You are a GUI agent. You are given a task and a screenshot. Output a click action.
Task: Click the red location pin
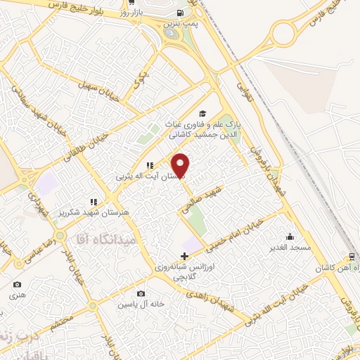181,165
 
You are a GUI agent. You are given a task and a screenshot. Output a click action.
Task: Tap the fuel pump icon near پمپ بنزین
181,13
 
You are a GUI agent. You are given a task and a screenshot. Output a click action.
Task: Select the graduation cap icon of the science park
202,113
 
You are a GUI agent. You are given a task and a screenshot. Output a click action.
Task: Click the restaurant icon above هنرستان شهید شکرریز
93,202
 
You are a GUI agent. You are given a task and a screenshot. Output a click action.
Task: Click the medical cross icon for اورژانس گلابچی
184,255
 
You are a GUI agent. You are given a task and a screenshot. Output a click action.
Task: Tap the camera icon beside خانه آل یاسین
141,293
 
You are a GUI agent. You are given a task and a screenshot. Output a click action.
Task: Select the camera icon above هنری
17,285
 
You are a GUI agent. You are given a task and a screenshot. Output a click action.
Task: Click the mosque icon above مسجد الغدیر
290,237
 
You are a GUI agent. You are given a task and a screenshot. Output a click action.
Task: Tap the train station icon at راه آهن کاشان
352,257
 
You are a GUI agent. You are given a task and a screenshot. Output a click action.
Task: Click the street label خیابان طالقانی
88,144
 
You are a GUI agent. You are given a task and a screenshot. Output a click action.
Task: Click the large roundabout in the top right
286,32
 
